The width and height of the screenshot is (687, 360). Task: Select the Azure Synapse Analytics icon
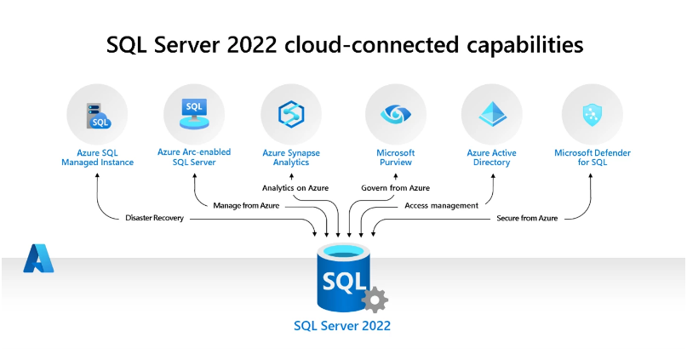290,114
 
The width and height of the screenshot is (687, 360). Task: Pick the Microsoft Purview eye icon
395,114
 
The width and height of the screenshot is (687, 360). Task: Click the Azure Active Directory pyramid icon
491,114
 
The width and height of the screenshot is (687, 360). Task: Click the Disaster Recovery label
153,219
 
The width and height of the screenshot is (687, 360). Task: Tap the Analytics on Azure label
295,187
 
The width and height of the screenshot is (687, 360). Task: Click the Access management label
442,205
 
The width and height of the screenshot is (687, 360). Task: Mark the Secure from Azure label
527,219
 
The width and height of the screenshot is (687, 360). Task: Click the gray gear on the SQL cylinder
375,300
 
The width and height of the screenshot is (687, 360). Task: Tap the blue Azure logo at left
38,258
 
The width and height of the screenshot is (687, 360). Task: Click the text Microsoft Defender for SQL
593,157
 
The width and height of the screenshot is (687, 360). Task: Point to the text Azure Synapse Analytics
290,157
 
